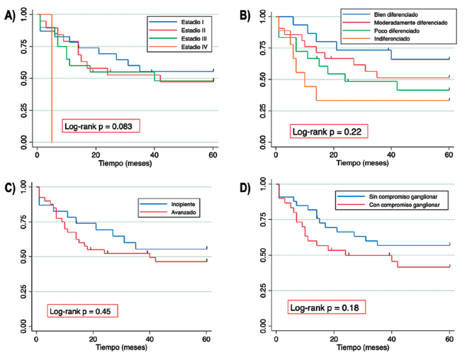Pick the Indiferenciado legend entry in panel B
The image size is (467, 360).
pyautogui.click(x=390, y=40)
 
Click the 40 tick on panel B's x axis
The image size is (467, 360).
pyautogui.click(x=391, y=154)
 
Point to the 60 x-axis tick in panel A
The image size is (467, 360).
pyautogui.click(x=213, y=153)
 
